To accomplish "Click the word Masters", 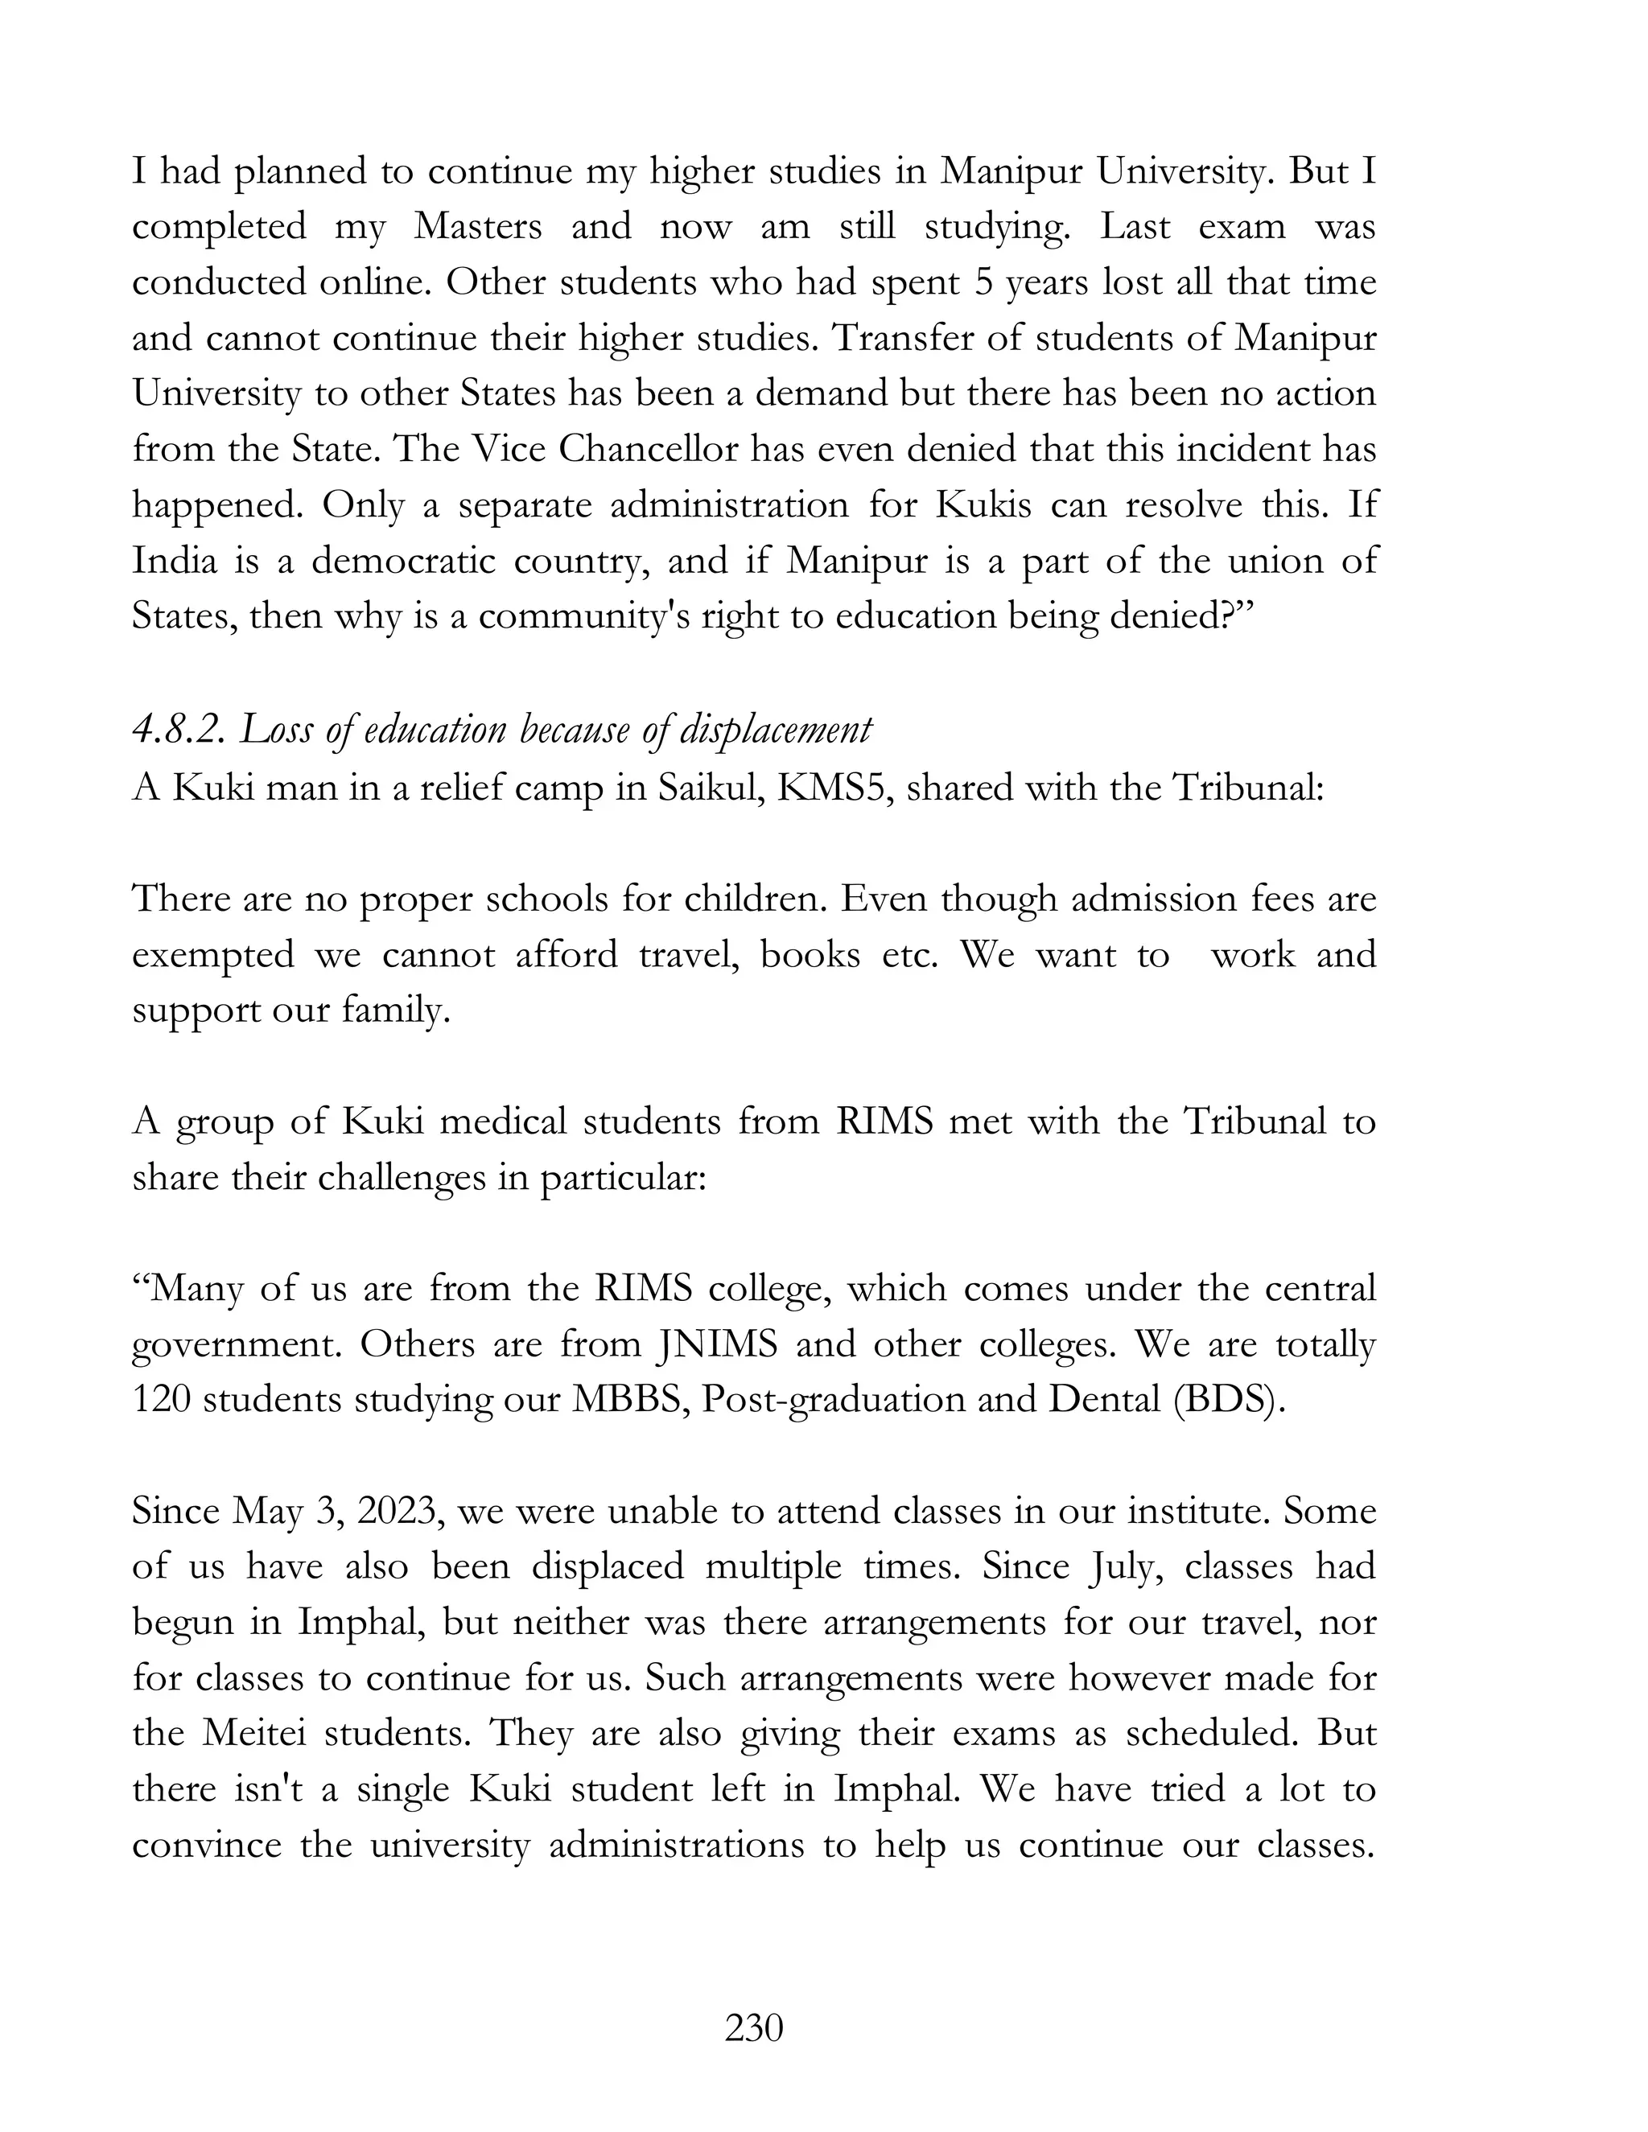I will [477, 227].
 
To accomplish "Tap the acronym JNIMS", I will [715, 1344].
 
